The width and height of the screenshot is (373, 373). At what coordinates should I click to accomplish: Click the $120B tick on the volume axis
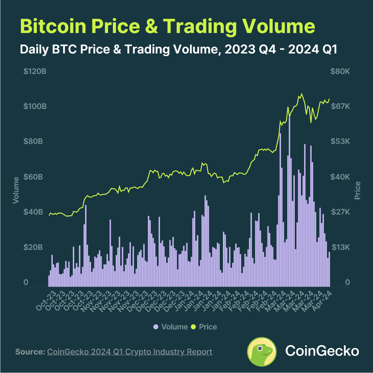coord(35,71)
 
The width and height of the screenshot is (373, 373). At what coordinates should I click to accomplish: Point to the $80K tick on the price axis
coord(340,71)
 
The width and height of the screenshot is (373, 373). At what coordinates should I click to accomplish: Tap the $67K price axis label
coord(340,106)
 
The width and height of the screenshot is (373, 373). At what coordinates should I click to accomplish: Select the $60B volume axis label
coord(33,177)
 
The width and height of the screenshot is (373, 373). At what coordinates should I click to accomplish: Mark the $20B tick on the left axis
coord(33,247)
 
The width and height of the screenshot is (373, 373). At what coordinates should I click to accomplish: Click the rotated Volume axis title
coord(16,190)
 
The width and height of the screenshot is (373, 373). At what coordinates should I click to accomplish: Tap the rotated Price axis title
coord(357,190)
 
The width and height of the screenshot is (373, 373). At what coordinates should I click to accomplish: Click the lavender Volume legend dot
coord(156,327)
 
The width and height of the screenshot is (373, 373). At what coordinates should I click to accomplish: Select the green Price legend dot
coord(194,327)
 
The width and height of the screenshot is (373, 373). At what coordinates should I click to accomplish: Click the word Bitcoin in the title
coord(53,26)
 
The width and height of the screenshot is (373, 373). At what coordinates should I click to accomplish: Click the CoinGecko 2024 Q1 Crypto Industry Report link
coord(130,352)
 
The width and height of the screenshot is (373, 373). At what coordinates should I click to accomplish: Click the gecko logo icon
coord(262,352)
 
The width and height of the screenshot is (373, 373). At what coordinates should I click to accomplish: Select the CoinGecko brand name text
coord(322,351)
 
